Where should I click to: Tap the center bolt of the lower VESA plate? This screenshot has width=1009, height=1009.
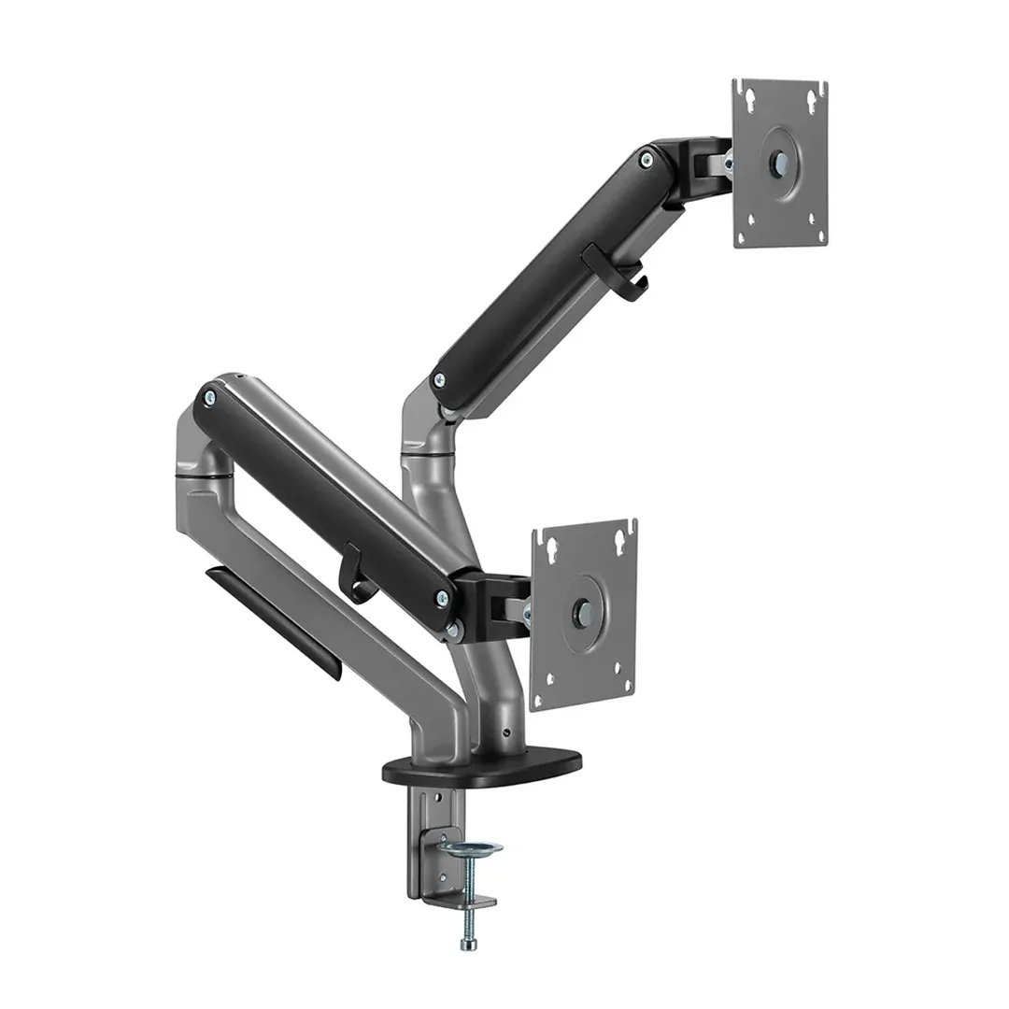(x=583, y=613)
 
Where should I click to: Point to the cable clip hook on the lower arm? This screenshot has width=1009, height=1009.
(x=358, y=572)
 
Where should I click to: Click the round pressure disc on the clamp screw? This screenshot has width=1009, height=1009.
(x=471, y=847)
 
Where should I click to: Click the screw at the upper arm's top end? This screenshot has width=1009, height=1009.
(x=647, y=161)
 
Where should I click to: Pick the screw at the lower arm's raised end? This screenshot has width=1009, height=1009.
(x=207, y=398)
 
